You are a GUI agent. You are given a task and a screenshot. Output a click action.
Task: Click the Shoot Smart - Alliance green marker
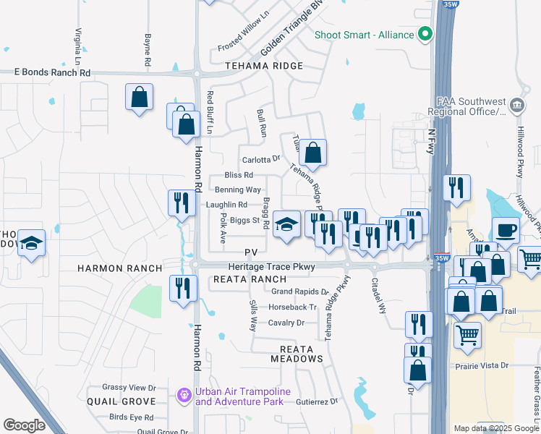point(425,34)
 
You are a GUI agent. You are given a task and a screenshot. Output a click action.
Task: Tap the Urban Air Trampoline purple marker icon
point(184,396)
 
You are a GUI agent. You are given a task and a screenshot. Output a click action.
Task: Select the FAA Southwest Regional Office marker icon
point(517,105)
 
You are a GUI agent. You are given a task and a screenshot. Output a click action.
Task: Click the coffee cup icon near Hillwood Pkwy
point(506,231)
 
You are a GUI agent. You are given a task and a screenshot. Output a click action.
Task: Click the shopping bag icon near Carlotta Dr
point(312,153)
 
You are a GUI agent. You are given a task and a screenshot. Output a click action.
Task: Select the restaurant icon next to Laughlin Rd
point(181,203)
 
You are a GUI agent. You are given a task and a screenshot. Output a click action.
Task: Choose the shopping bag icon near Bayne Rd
point(139,98)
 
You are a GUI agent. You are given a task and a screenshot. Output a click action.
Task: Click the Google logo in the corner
point(24,425)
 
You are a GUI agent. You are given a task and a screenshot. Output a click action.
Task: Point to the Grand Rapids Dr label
point(300,292)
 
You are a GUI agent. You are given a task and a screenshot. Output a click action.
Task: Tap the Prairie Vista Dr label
point(482,366)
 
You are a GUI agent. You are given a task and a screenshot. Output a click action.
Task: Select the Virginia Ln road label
point(77,45)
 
